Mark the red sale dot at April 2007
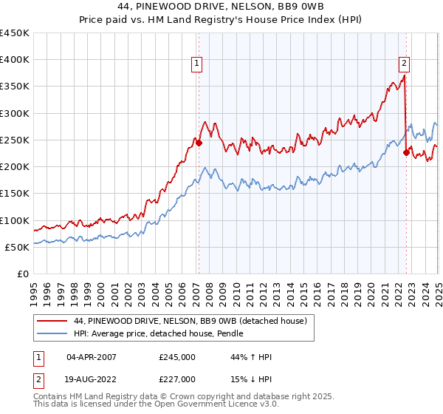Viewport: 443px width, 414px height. [x=199, y=143]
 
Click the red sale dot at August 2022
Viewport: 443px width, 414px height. [x=406, y=153]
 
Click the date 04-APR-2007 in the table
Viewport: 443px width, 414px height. [x=92, y=357]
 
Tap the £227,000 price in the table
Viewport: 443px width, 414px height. [x=177, y=379]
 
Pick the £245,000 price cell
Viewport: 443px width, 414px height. [x=177, y=357]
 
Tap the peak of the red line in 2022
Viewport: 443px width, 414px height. [x=405, y=75]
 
